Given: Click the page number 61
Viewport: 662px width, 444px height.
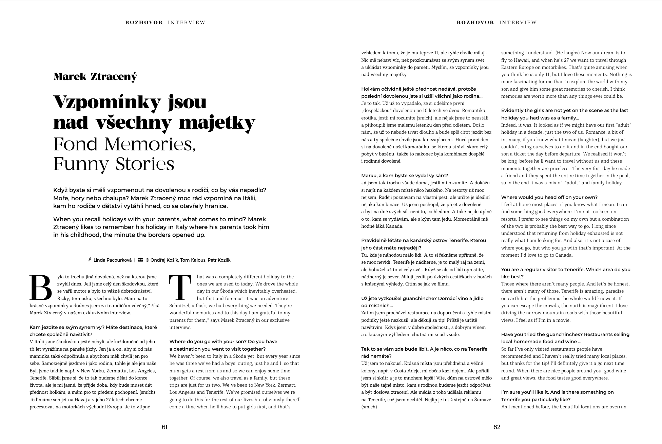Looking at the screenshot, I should [x=164, y=427].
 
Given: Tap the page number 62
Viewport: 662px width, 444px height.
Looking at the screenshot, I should [x=497, y=427].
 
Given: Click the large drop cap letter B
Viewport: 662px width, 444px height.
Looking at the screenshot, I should [x=41, y=288].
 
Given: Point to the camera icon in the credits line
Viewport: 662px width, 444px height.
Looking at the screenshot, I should [x=140, y=260].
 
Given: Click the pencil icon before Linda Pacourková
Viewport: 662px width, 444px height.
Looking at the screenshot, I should [x=90, y=260].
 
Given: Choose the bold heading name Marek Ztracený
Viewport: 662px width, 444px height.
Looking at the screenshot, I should [x=95, y=77].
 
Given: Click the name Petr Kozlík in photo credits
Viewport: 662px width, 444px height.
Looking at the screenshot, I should [x=219, y=260].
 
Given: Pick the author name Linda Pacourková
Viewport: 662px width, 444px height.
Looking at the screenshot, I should [x=113, y=260].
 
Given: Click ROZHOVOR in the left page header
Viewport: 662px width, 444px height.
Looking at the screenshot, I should [x=144, y=23].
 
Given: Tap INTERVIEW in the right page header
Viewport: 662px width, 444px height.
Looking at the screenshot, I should [x=518, y=23].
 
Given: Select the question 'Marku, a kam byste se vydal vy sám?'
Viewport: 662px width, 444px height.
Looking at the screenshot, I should [x=405, y=175].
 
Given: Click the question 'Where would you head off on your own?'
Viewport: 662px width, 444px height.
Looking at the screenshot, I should [x=549, y=197].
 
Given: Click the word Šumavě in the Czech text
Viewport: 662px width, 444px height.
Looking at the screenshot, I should [x=483, y=400].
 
